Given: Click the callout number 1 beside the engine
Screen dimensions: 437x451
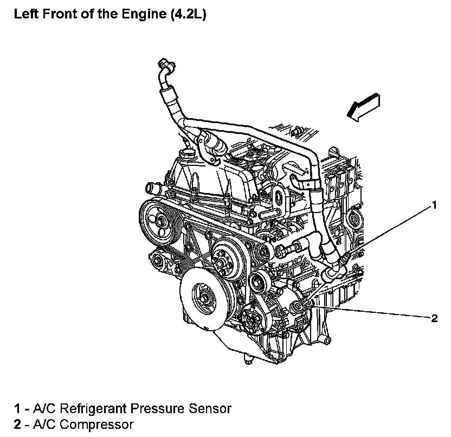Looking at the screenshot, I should pos(433,205).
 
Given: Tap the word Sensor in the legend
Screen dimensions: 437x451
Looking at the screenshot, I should pos(212,408).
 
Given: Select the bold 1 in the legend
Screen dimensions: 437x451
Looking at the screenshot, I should pos(17,408).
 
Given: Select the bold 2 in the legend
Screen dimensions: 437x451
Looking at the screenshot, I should pos(17,423).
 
